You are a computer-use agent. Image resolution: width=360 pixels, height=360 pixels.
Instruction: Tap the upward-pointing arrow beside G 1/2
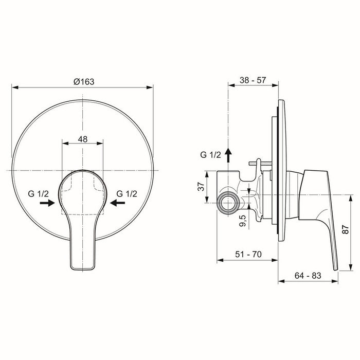point(229,152)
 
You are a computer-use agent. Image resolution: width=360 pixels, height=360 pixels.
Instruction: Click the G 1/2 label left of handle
point(39,193)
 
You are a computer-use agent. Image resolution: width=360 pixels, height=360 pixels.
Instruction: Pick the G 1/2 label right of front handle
point(127,193)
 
